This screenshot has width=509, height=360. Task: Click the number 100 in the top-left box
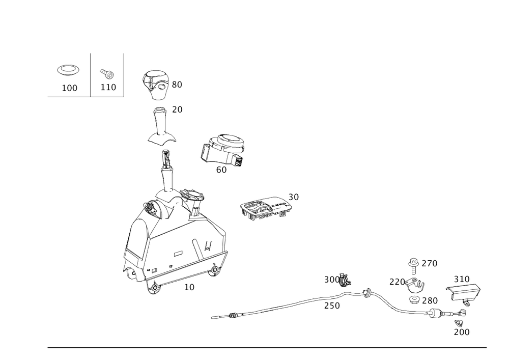tap(70, 88)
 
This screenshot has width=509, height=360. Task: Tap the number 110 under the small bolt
tap(108, 88)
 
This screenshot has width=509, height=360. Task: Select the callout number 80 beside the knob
tap(177, 85)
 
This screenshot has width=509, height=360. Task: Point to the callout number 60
tap(221, 170)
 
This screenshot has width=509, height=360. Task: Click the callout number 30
tap(294, 197)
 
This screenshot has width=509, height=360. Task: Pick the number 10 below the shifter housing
tap(189, 287)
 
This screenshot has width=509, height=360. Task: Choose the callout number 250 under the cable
tap(332, 306)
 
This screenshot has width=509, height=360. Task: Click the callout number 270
tap(430, 263)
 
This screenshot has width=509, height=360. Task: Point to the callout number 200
tap(462, 332)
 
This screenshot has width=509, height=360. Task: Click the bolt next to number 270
tap(413, 263)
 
